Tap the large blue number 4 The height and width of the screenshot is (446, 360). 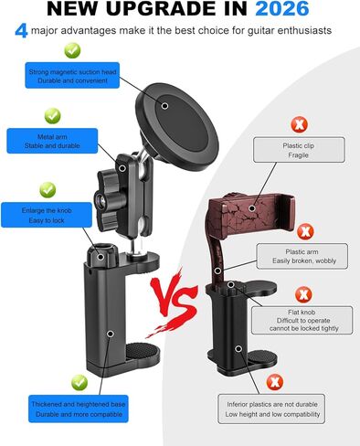click(x=20, y=31)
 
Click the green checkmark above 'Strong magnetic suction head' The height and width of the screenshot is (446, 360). click(x=50, y=48)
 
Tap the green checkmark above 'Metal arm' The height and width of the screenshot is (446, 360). click(x=51, y=115)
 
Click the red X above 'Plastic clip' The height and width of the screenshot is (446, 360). click(x=299, y=123)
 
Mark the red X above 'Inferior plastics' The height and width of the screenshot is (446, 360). click(x=270, y=380)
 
